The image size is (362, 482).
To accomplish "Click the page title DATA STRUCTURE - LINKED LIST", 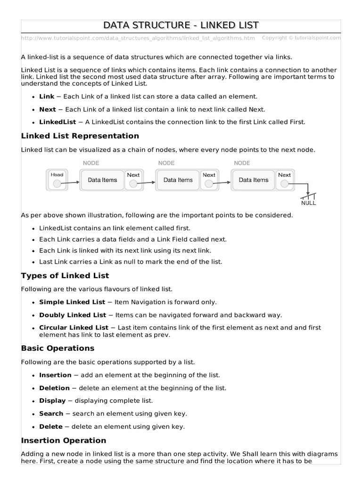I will click(181, 25).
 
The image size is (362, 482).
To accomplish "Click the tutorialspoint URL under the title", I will click(138, 38).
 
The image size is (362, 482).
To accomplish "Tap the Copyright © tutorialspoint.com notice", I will click(301, 38).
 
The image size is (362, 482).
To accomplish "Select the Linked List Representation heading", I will click(80, 136).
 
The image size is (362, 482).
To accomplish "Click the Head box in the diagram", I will click(57, 180).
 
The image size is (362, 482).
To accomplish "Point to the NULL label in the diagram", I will click(309, 203).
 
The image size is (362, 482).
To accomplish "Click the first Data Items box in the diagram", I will click(102, 180).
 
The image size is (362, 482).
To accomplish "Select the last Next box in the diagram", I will click(284, 180).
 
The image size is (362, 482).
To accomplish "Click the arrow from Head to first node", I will click(74, 183).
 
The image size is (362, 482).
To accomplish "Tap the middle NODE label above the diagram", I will click(166, 163).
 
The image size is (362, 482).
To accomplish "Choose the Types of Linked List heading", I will click(65, 276).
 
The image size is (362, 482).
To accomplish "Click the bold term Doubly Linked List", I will click(73, 315).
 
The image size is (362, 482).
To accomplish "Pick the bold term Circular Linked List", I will click(74, 328).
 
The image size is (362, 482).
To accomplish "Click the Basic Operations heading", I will click(58, 348).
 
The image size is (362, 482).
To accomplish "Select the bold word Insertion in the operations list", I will click(55, 375).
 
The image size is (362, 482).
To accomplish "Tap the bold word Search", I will click(51, 414).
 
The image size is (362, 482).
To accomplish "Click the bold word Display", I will click(52, 401).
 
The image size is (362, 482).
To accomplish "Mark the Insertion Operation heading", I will click(64, 441).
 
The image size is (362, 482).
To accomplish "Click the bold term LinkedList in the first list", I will click(58, 122).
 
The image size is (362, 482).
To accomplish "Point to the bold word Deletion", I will click(54, 388).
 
